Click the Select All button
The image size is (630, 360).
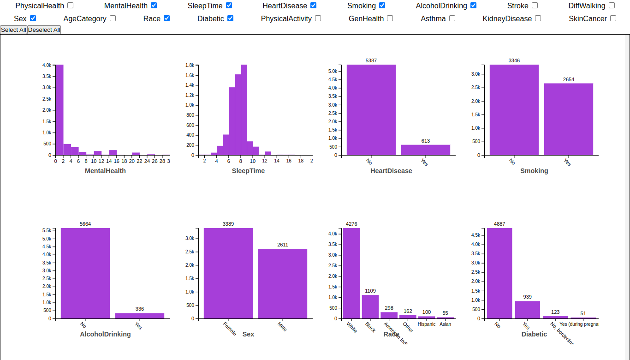(13, 30)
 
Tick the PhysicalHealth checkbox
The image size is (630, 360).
(70, 6)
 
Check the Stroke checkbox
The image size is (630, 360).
(535, 6)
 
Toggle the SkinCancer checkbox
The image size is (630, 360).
(613, 18)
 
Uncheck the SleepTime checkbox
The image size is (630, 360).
(229, 6)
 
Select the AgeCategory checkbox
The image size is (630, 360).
(113, 18)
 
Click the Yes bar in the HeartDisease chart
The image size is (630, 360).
(425, 150)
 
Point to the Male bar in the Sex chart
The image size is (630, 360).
(282, 283)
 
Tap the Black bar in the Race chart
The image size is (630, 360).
(370, 306)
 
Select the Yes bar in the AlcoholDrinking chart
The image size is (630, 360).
(139, 316)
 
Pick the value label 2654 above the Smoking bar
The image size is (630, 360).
(569, 80)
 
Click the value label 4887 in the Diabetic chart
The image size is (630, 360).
(499, 224)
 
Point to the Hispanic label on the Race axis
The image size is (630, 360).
(427, 324)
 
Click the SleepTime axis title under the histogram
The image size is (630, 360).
(248, 171)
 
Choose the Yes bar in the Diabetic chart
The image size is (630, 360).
(527, 310)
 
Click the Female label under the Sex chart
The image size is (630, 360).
(230, 328)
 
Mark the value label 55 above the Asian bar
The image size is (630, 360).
(445, 313)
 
